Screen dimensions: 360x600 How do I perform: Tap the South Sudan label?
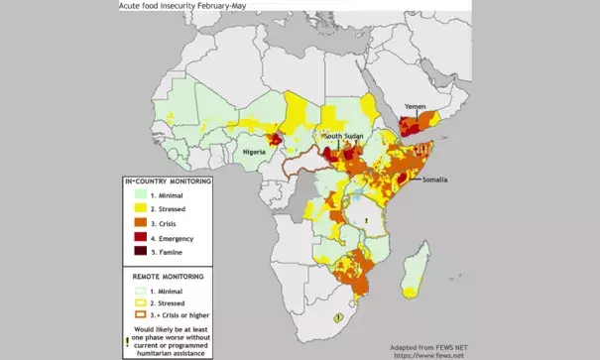click(x=347, y=136)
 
